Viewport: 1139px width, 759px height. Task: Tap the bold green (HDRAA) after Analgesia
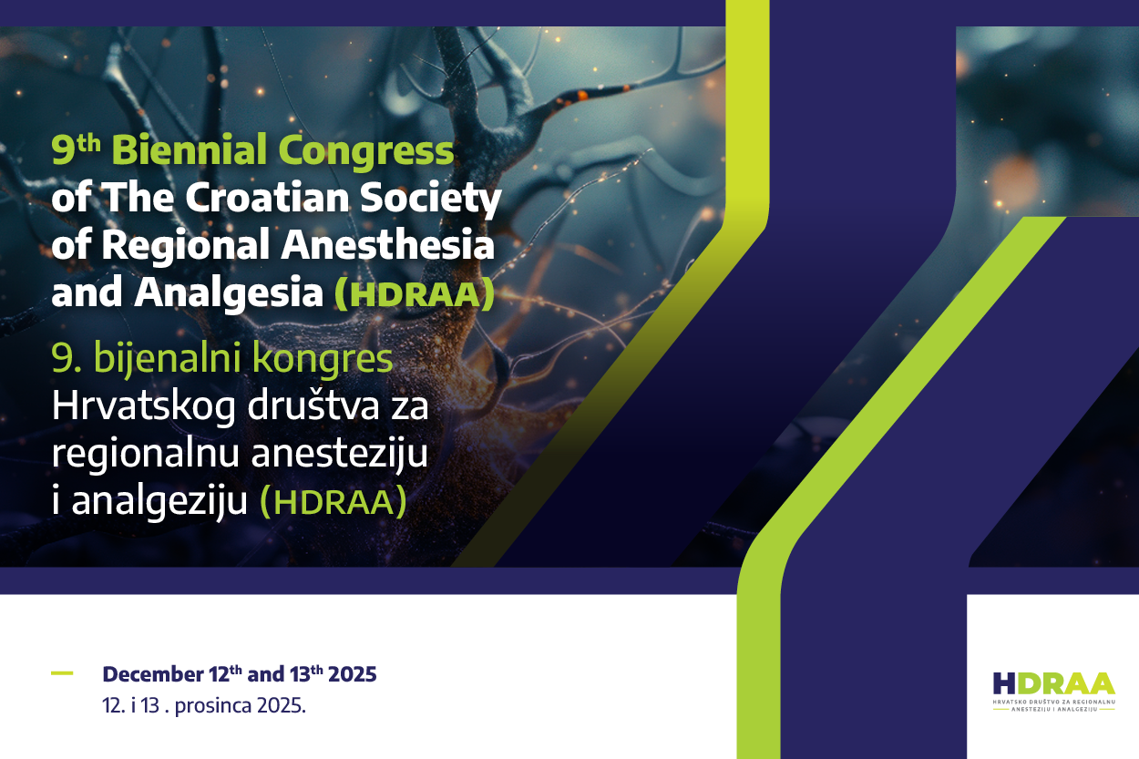[415, 293]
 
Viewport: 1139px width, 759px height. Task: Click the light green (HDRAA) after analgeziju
[333, 502]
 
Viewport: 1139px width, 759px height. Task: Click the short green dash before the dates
[62, 673]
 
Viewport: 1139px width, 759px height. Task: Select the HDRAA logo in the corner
[1053, 690]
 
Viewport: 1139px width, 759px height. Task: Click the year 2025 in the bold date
[352, 675]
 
